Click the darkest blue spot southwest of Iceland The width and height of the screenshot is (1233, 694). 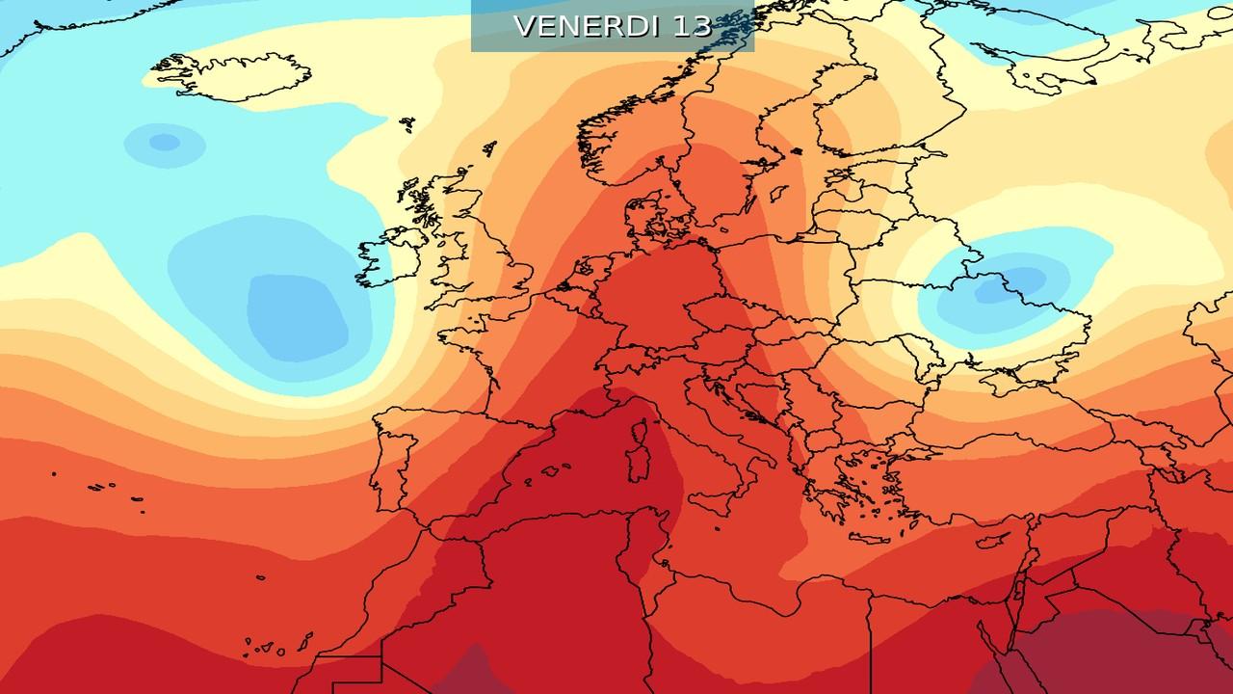pyautogui.click(x=165, y=143)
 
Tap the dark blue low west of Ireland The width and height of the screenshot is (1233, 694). pyautogui.click(x=297, y=313)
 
